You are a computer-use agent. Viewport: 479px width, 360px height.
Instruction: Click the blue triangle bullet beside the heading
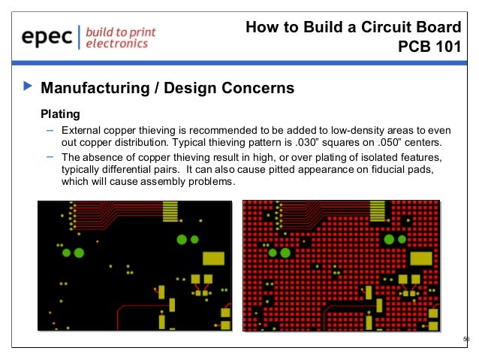[29, 88]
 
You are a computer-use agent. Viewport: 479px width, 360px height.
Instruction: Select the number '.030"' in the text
[303, 143]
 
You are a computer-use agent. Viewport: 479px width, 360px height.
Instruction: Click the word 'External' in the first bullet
[82, 130]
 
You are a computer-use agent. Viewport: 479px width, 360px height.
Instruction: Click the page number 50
[465, 339]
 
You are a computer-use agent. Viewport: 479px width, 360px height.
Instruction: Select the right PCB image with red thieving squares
[341, 265]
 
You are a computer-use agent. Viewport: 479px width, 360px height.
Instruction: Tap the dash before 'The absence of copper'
[50, 156]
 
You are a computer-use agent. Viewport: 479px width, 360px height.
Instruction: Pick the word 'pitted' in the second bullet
[283, 170]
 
